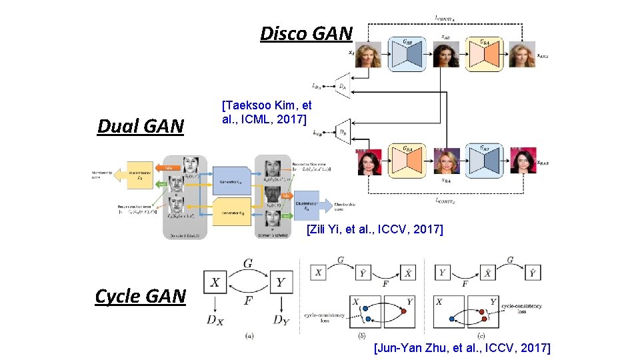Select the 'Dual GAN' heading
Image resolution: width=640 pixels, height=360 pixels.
click(140, 126)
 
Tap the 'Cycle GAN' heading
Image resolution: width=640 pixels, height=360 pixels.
click(140, 296)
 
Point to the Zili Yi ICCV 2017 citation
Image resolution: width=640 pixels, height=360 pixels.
click(375, 230)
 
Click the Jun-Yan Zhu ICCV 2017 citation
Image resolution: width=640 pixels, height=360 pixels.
click(462, 347)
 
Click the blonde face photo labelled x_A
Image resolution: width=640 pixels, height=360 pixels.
click(368, 55)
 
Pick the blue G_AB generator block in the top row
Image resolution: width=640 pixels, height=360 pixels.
click(407, 54)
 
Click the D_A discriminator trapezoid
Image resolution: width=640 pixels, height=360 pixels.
click(343, 85)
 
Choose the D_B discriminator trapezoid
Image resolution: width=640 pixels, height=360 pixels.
click(343, 131)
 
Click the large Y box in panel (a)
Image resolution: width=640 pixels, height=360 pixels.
click(280, 283)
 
